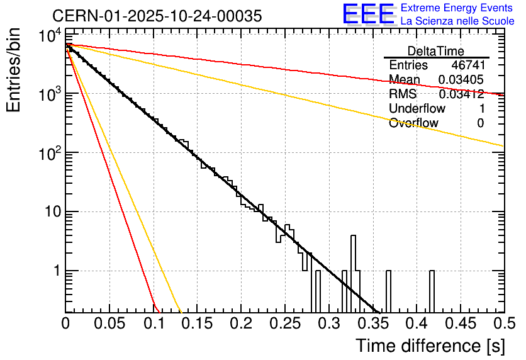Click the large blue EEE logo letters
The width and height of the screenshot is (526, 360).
click(368, 14)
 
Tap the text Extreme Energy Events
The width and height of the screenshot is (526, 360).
click(457, 8)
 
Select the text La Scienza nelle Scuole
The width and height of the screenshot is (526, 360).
click(457, 21)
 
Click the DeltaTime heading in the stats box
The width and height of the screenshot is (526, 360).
click(436, 51)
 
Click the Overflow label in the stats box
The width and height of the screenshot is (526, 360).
click(413, 123)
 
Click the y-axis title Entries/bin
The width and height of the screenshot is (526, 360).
click(14, 70)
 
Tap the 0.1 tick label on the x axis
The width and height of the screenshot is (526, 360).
click(154, 324)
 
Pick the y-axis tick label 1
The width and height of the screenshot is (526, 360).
click(55, 271)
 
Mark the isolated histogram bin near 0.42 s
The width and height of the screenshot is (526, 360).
click(432, 291)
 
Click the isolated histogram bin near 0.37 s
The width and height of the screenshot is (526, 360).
click(388, 291)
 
